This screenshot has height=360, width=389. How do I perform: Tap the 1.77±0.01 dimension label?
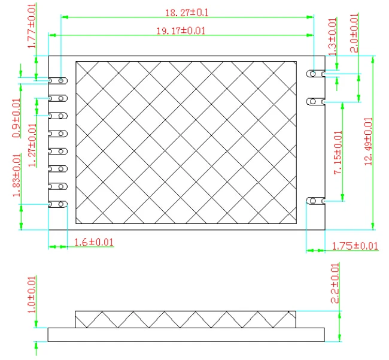(x=32, y=26)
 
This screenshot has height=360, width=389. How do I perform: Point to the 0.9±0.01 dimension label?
(x=16, y=117)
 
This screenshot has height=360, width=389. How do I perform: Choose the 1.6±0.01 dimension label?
(x=93, y=242)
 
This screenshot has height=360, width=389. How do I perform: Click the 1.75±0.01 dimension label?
(x=354, y=246)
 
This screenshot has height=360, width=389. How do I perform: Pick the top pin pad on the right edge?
(x=315, y=74)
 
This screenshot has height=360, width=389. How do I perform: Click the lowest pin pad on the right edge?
(x=315, y=201)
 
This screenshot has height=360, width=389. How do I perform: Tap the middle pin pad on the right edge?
(x=315, y=102)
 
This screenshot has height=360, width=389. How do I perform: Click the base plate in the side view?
(x=186, y=334)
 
